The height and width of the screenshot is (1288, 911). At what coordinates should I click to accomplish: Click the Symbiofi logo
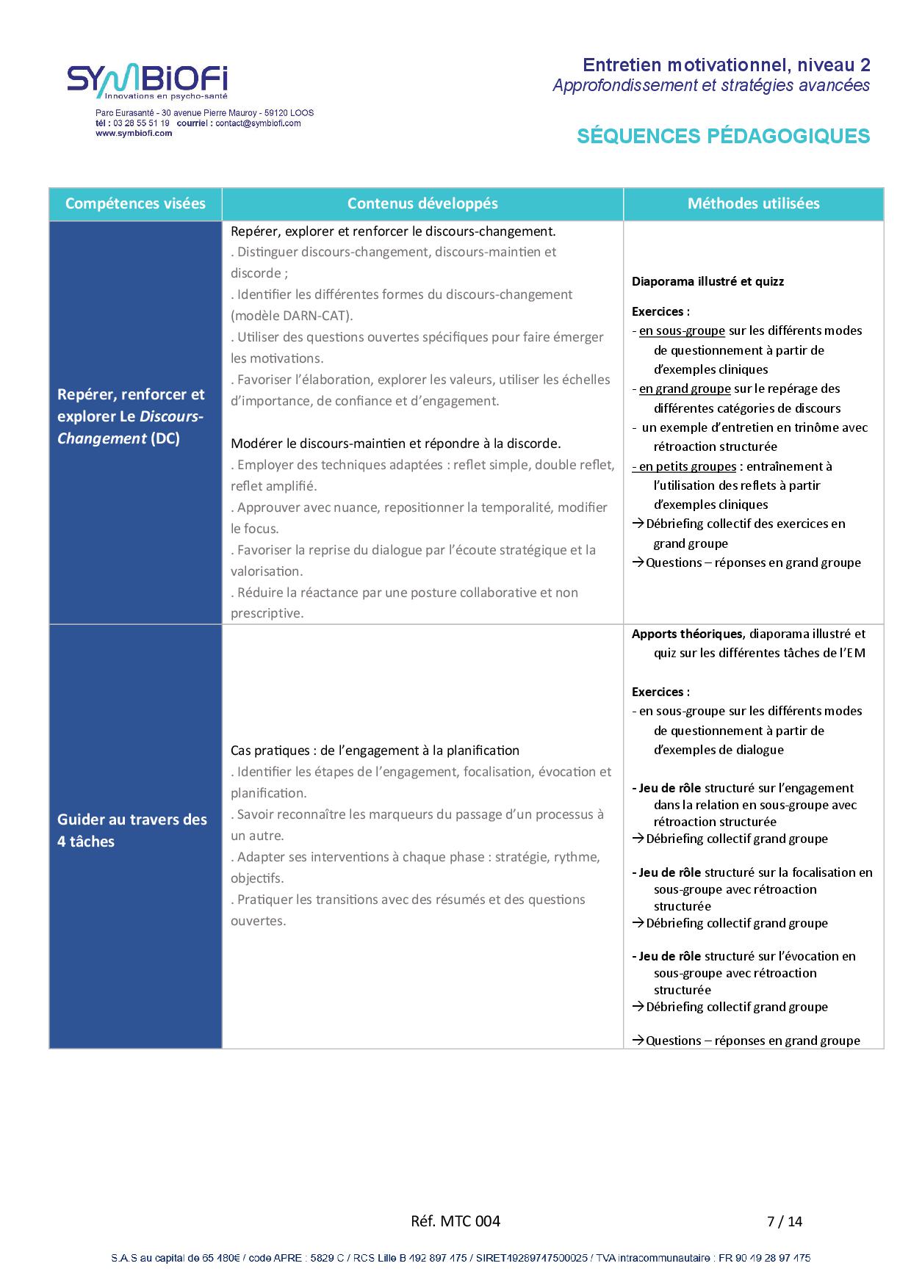[x=147, y=82]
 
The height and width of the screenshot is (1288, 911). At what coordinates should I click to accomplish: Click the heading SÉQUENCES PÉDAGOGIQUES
[x=723, y=137]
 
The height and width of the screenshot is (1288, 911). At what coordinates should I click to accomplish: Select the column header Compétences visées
[x=135, y=203]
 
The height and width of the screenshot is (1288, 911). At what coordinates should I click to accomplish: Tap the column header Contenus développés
[x=422, y=203]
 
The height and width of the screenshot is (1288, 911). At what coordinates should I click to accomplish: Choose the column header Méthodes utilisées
[x=753, y=203]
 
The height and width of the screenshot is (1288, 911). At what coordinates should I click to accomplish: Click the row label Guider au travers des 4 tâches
[x=132, y=831]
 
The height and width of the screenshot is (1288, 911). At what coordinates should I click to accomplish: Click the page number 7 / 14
[x=784, y=1221]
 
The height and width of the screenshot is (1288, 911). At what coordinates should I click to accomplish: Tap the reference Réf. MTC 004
[x=455, y=1221]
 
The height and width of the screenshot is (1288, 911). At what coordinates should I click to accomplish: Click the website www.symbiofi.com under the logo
[x=134, y=134]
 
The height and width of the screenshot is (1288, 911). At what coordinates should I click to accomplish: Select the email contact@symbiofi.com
[x=258, y=123]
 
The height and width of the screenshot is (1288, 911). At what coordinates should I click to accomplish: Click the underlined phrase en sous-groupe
[x=682, y=331]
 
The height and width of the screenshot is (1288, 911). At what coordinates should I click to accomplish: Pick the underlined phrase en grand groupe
[x=685, y=389]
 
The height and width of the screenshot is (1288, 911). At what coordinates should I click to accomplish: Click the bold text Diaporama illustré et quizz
[x=707, y=281]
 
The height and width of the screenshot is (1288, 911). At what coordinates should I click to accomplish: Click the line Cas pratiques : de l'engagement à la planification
[x=375, y=750]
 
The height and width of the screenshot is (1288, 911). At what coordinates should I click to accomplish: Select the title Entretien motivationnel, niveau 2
[x=726, y=65]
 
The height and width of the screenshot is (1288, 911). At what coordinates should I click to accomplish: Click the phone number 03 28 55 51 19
[x=141, y=123]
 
